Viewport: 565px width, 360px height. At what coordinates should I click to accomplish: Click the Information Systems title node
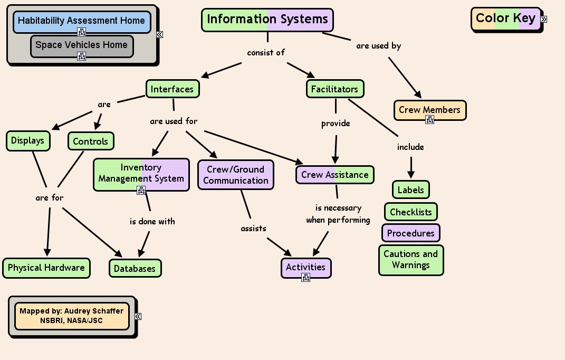267,20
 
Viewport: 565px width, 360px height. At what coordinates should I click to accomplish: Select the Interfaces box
173,89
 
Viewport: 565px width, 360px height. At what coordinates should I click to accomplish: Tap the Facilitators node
335,89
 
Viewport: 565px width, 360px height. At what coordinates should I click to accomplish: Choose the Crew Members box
429,110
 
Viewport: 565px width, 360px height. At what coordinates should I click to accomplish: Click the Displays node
28,141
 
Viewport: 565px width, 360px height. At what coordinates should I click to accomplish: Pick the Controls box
90,141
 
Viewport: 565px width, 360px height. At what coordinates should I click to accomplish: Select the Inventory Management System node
141,173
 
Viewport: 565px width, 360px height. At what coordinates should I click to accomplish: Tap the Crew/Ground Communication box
236,175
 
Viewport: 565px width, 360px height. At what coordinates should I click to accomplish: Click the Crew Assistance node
334,175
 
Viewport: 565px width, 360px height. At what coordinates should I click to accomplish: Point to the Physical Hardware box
46,268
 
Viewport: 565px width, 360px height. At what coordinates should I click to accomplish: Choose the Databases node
135,268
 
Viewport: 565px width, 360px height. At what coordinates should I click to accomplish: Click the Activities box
306,267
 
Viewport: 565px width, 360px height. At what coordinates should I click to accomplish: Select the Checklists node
410,212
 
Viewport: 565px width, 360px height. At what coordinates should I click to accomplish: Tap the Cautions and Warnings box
411,260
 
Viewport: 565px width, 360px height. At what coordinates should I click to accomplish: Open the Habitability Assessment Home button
81,21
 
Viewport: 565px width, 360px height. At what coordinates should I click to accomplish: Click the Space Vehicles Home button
81,45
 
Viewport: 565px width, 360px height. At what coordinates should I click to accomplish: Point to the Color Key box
505,18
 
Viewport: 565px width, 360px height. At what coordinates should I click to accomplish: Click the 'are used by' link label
378,46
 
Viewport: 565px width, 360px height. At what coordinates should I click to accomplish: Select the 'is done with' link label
152,222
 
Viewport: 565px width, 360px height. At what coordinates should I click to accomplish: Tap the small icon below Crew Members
429,120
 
